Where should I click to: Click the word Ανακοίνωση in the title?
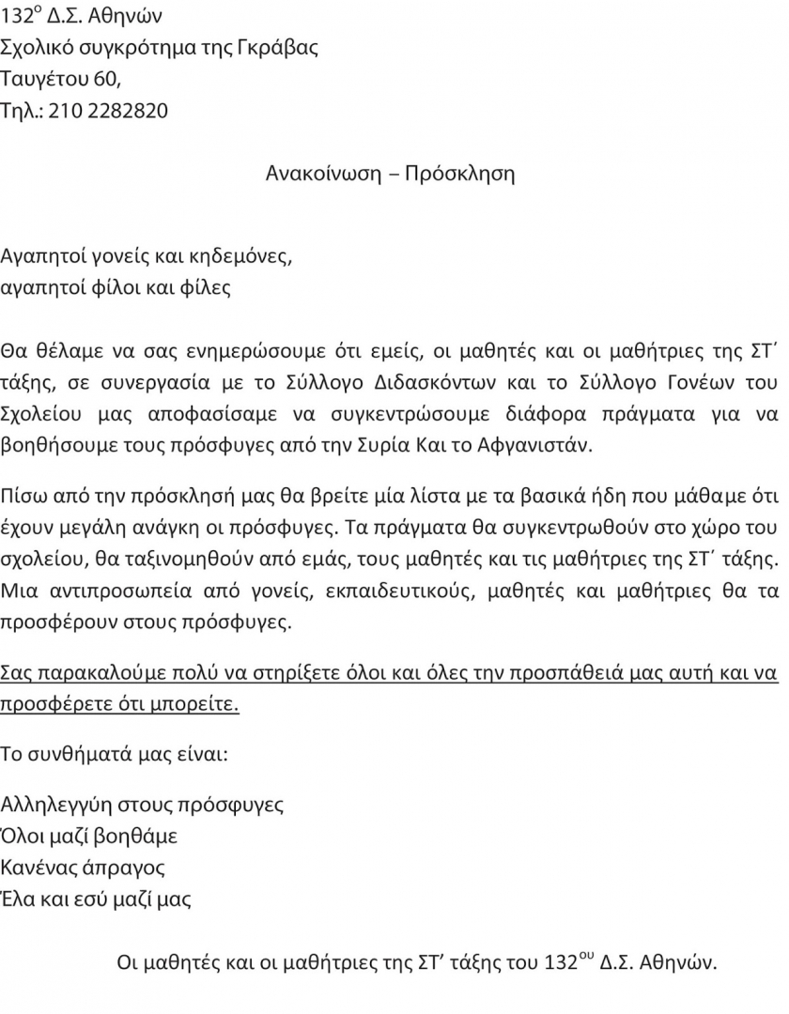point(322,174)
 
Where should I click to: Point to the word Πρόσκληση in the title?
point(459,174)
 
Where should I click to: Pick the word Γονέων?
point(694,382)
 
